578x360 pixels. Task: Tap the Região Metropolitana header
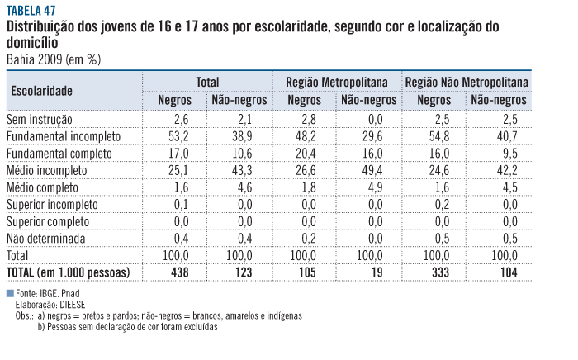click(x=337, y=82)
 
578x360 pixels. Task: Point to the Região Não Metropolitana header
click(x=467, y=82)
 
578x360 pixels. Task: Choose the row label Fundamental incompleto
click(x=64, y=136)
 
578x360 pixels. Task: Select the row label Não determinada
click(x=49, y=238)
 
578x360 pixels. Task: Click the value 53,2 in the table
click(x=178, y=136)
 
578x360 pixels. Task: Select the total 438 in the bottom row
click(x=181, y=272)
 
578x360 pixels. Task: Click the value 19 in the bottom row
click(x=368, y=272)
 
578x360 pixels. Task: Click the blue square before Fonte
click(x=9, y=293)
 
